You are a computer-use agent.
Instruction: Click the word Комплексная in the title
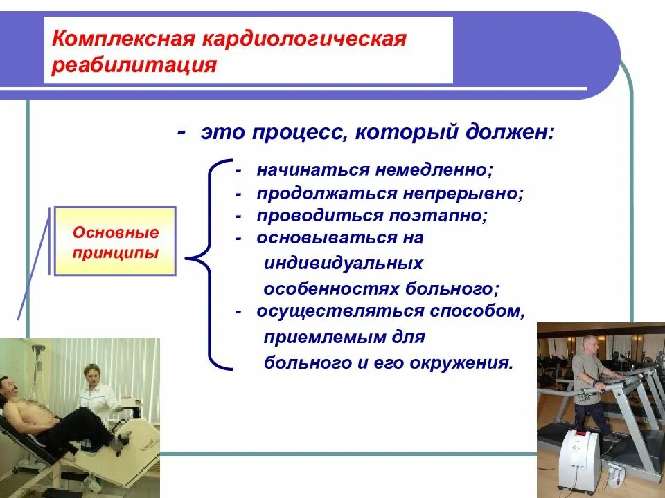pos(123,39)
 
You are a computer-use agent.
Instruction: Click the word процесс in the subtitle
pos(300,133)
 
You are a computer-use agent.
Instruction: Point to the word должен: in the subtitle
pos(510,133)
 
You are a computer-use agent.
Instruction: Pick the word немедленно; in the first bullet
pos(434,170)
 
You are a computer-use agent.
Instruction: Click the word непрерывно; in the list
pos(463,194)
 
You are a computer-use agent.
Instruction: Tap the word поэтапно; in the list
pos(438,216)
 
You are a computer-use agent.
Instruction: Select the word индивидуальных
pos(344,264)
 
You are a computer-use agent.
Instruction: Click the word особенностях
pos(331,289)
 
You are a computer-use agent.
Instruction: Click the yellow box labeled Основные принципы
pos(115,241)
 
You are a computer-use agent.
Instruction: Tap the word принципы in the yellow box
pos(116,253)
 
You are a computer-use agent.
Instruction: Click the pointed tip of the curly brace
pos(186,258)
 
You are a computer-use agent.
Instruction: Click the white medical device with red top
pos(580,461)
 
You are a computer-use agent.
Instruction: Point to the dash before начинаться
pos(238,171)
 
